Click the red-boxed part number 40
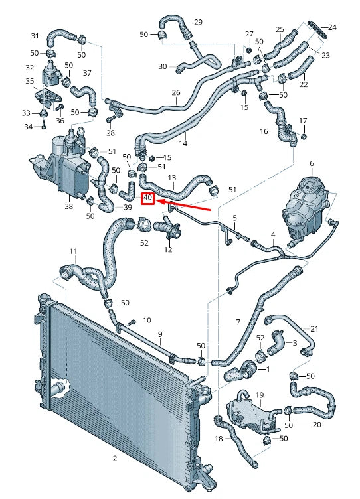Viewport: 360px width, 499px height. click(x=147, y=198)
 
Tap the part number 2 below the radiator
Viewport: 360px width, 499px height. click(x=114, y=459)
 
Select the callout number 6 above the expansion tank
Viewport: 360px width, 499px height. click(x=311, y=163)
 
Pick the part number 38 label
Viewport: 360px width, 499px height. click(x=69, y=206)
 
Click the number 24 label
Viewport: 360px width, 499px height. click(x=333, y=27)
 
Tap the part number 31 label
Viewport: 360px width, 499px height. click(x=35, y=36)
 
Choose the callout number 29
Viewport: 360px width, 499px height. click(x=198, y=23)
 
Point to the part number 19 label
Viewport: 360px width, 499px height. click(x=260, y=395)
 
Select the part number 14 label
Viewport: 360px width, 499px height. click(x=183, y=143)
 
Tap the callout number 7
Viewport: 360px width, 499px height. click(x=238, y=322)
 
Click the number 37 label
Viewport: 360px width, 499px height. click(x=88, y=72)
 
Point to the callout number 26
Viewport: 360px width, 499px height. click(x=176, y=92)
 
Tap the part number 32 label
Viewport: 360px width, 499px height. click(x=30, y=68)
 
